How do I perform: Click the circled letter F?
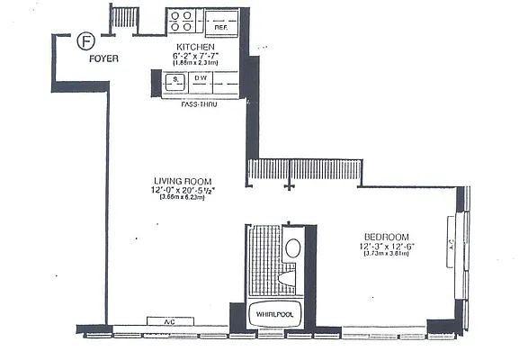click(x=85, y=40)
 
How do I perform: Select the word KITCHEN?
click(x=195, y=46)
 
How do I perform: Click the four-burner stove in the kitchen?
click(x=183, y=22)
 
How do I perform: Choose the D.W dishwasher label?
click(x=201, y=79)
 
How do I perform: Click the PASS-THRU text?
click(x=197, y=104)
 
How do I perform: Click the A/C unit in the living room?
click(x=168, y=321)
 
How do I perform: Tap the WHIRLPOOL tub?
click(x=274, y=316)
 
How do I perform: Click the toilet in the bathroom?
click(x=290, y=278)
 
